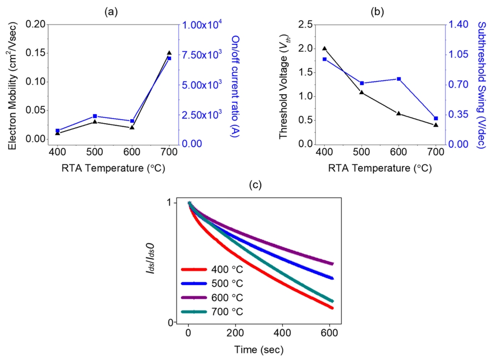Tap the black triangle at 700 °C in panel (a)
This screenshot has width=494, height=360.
click(x=169, y=53)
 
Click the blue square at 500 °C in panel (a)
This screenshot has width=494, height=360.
click(x=95, y=116)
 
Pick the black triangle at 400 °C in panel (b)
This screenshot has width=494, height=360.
click(x=324, y=48)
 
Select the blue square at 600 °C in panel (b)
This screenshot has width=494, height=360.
click(x=398, y=79)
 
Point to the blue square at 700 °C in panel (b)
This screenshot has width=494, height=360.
click(x=436, y=118)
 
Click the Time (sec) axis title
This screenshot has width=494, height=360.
click(x=259, y=350)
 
